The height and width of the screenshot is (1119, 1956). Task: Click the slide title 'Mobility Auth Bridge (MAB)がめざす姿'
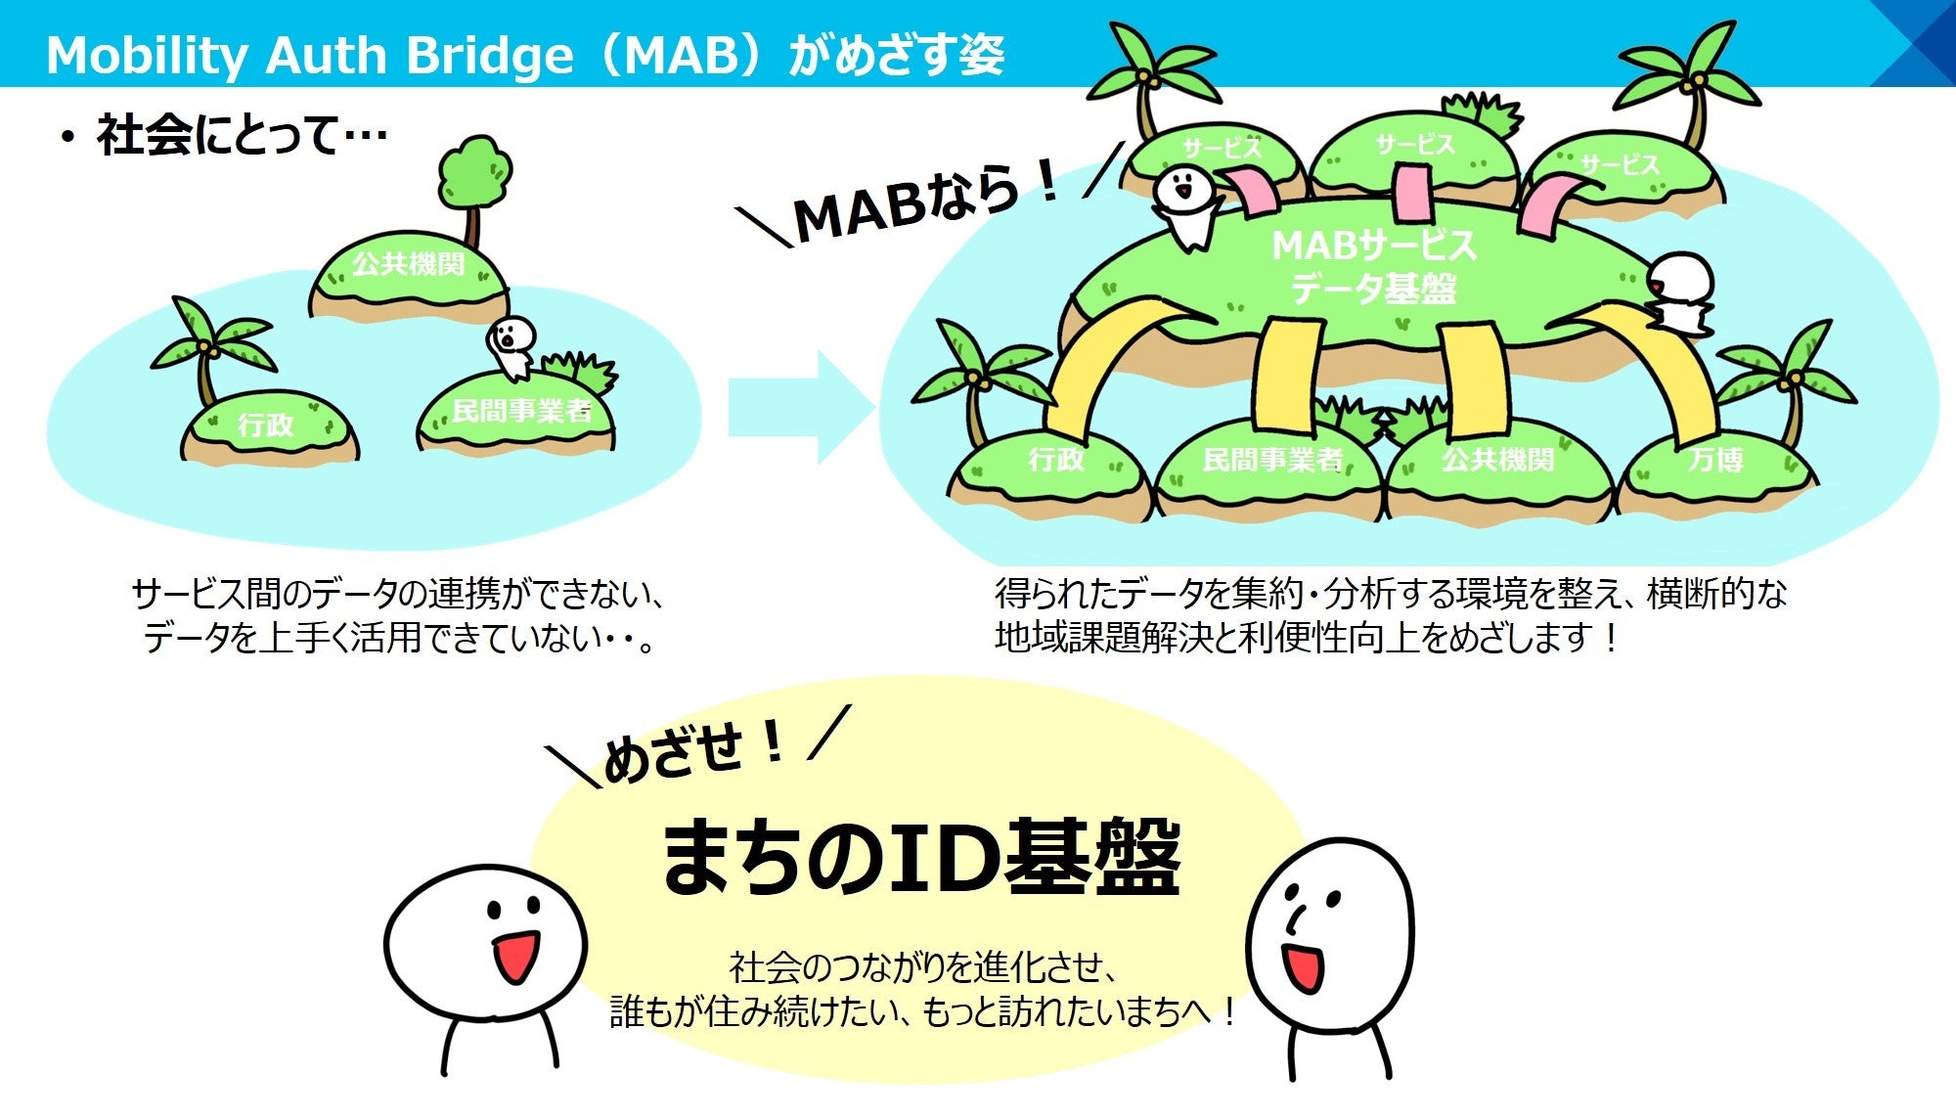click(525, 55)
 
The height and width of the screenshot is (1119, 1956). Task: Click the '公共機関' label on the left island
click(408, 264)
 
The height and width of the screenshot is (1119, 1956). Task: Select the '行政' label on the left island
click(265, 425)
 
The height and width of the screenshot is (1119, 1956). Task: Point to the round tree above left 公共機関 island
click(474, 174)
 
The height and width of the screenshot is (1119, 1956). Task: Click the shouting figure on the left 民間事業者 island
click(511, 344)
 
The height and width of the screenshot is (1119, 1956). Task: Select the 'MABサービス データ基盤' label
click(1373, 266)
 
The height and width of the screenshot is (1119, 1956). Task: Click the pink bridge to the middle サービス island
click(1412, 194)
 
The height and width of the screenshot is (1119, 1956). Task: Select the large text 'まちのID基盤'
click(921, 858)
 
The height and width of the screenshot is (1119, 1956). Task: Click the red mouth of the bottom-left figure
click(514, 958)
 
